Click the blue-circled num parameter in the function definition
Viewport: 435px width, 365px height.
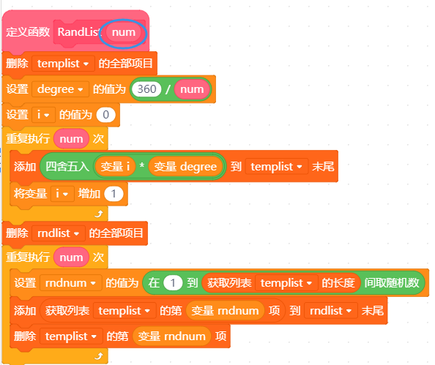[124, 32]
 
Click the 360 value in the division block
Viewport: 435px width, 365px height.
[146, 89]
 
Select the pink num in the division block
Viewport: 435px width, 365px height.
[192, 89]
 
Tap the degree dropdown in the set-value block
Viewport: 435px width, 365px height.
[61, 89]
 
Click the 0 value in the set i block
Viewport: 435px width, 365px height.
[105, 115]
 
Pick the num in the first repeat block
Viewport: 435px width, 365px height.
[71, 138]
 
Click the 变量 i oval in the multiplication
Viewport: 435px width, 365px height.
[115, 167]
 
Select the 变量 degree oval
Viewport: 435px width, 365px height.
[185, 167]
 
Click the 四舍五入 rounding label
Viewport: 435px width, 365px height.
[67, 167]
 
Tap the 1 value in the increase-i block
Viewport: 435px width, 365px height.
[114, 194]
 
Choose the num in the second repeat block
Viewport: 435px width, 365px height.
[71, 257]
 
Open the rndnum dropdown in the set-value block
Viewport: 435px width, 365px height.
[71, 282]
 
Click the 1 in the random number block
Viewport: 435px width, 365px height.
[173, 282]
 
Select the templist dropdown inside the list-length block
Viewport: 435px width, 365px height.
[286, 283]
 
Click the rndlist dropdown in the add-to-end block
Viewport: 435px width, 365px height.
[331, 311]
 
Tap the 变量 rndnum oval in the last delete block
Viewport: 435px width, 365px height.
[171, 336]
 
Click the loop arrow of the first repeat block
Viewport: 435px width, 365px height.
[99, 214]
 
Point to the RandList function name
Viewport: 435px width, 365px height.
[78, 32]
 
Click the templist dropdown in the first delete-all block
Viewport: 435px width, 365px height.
[63, 64]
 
